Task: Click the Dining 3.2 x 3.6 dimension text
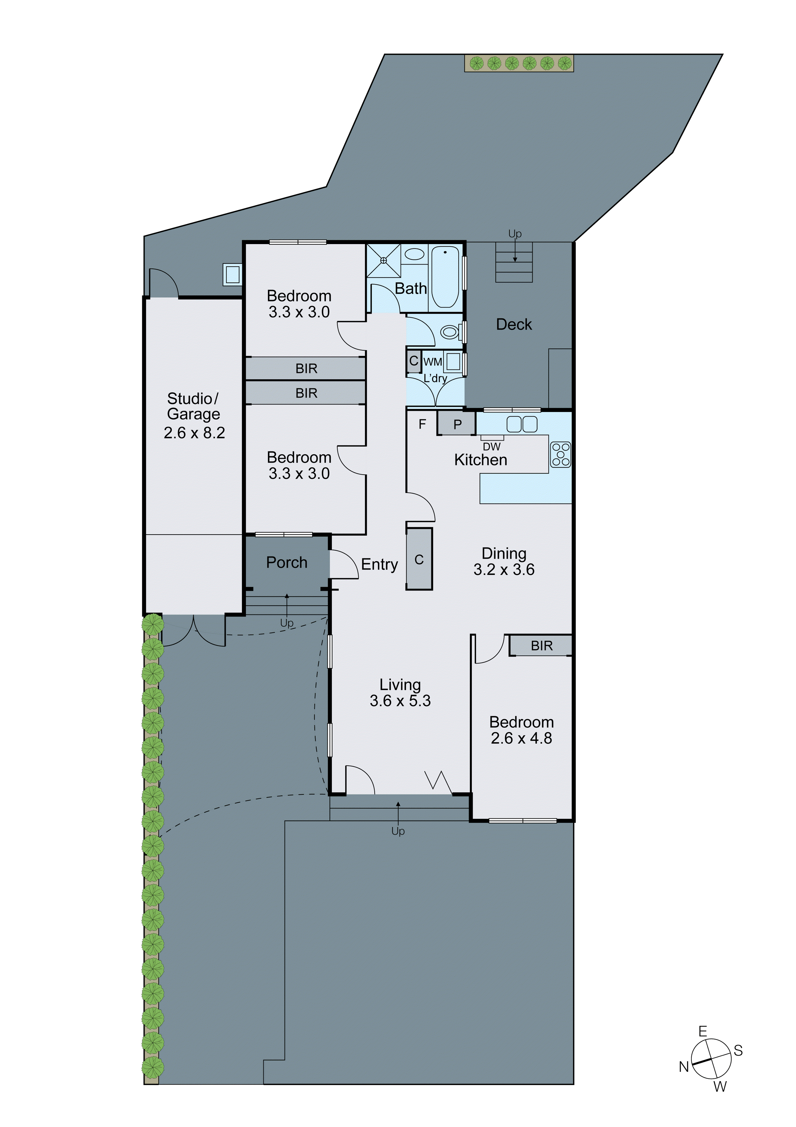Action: [x=504, y=569]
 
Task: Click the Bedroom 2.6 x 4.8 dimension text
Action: [x=521, y=738]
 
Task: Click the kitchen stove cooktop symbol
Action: [x=560, y=454]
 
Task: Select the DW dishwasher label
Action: [x=491, y=447]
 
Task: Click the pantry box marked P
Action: [x=457, y=424]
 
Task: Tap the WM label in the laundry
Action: [x=432, y=362]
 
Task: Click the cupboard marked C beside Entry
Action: [x=419, y=560]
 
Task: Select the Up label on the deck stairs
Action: [x=514, y=234]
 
